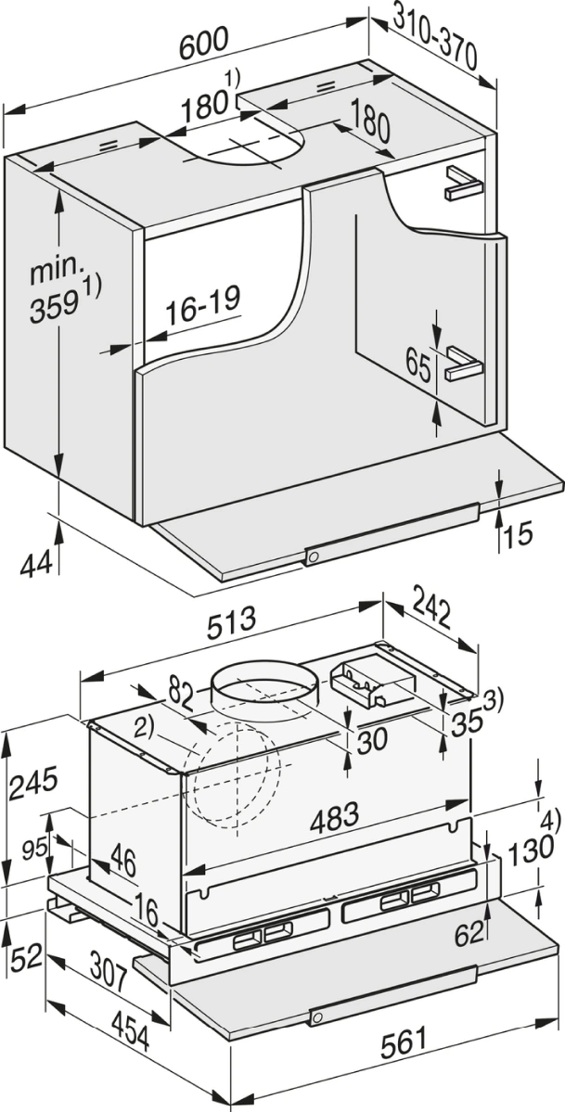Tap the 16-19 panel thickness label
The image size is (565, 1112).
[204, 306]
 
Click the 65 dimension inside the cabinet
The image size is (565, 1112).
[418, 365]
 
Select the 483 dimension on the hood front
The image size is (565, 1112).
[334, 818]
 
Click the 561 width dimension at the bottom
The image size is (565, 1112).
[406, 1042]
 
